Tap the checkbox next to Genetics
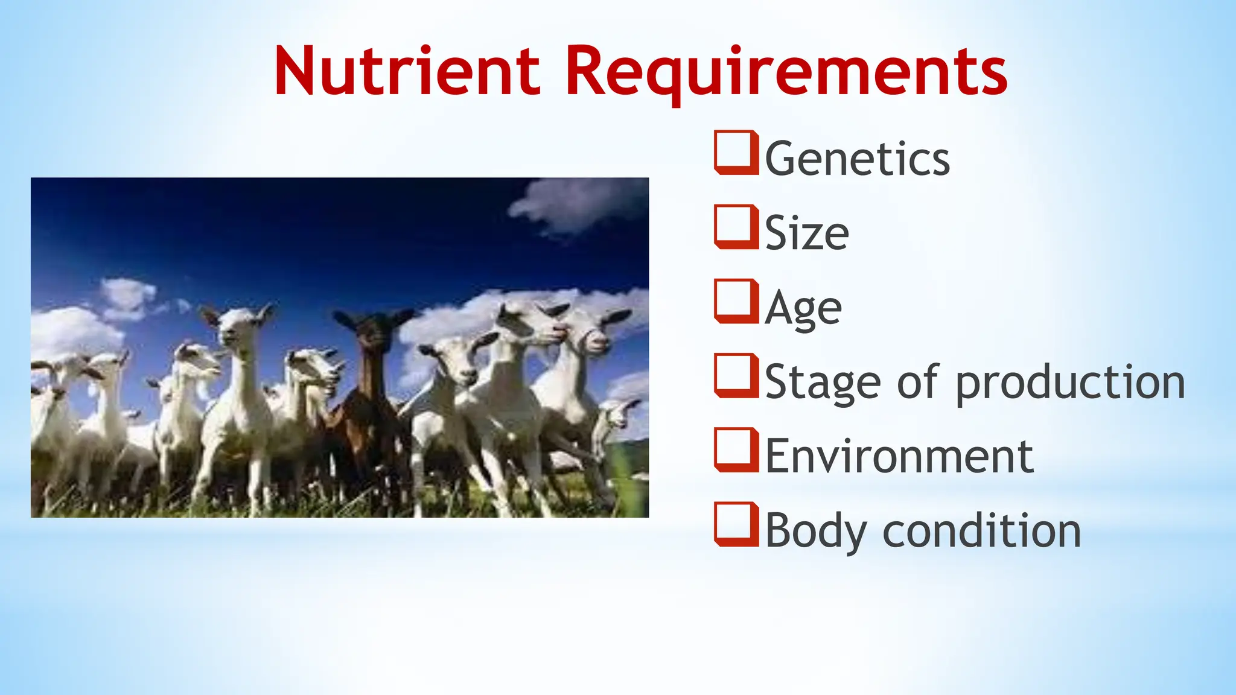click(x=736, y=153)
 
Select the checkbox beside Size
click(x=736, y=227)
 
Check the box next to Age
click(x=736, y=301)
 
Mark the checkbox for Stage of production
click(x=736, y=376)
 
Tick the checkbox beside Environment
click(x=736, y=450)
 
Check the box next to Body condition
click(x=736, y=524)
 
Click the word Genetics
click(x=858, y=159)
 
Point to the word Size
click(x=807, y=233)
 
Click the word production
click(x=1071, y=382)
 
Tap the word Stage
click(x=823, y=382)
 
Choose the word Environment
click(x=899, y=456)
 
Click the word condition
click(x=981, y=531)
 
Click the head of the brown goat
click(x=374, y=332)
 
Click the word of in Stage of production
click(x=917, y=382)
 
